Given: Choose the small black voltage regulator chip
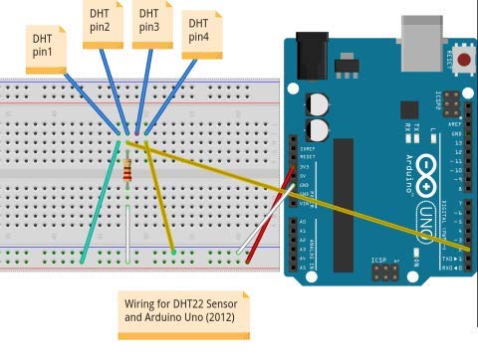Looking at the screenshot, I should (347, 67).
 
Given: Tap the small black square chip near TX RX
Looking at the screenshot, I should (409, 109).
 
